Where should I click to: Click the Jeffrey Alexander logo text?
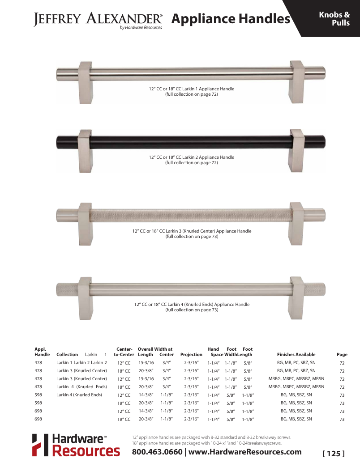[98, 19]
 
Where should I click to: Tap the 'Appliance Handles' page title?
[231, 19]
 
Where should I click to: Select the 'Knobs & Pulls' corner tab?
[334, 19]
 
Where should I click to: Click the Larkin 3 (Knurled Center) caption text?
[192, 231]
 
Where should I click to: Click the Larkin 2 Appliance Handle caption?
[192, 157]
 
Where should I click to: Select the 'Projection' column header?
[191, 355]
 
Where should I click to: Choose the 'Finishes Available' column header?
[296, 355]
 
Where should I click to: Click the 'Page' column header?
[342, 355]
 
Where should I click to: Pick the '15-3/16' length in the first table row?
[146, 363]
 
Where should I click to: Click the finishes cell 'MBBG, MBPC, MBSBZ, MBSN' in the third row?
[296, 379]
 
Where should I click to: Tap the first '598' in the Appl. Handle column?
[39, 395]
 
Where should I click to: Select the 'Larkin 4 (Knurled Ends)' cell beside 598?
[79, 395]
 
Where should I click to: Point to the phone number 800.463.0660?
[157, 452]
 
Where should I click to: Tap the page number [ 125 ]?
[334, 454]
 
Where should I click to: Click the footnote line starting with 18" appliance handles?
[207, 443]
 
